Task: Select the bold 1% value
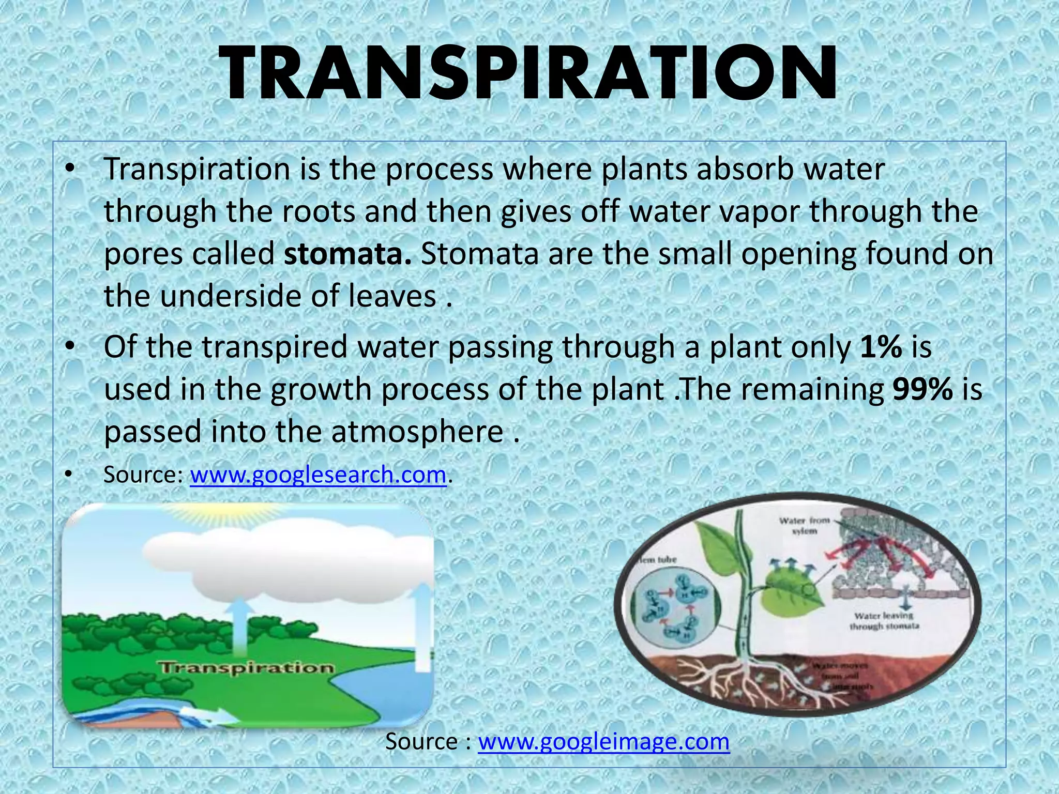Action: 881,347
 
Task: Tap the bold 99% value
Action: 922,389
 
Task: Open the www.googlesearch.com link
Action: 318,475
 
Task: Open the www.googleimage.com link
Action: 603,741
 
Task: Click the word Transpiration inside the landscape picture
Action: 247,668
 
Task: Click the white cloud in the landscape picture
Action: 290,563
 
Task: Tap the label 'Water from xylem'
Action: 805,525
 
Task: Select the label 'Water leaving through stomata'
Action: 884,621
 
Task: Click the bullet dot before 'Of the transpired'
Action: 70,347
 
